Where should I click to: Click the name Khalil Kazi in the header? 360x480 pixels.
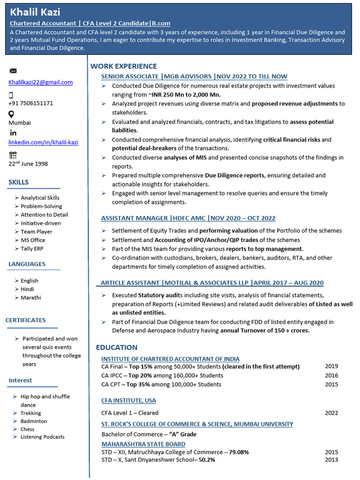pyautogui.click(x=35, y=12)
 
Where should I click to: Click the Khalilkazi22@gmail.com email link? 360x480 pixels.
pyautogui.click(x=40, y=82)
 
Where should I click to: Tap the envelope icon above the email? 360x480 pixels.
pyautogui.click(x=13, y=71)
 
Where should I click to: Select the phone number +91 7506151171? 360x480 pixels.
pyautogui.click(x=30, y=103)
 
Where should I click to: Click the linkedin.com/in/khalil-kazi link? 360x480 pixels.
pyautogui.click(x=43, y=142)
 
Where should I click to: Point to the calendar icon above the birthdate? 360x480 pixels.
pyautogui.click(x=13, y=155)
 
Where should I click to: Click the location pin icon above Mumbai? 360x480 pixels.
pyautogui.click(x=11, y=114)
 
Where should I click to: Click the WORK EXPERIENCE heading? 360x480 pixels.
pyautogui.click(x=123, y=66)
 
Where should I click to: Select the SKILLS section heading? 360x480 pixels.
pyautogui.click(x=18, y=182)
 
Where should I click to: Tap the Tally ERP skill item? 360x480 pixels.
pyautogui.click(x=32, y=248)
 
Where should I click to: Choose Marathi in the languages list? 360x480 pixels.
pyautogui.click(x=30, y=298)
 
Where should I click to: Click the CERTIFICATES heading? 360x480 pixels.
pyautogui.click(x=25, y=320)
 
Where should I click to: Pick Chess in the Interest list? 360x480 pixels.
pyautogui.click(x=27, y=429)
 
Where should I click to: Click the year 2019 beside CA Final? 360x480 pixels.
pyautogui.click(x=331, y=367)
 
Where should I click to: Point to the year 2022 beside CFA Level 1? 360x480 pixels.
pyautogui.click(x=331, y=413)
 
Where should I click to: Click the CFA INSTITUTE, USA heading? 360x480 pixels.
pyautogui.click(x=128, y=401)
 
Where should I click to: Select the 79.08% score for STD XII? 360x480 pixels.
pyautogui.click(x=239, y=452)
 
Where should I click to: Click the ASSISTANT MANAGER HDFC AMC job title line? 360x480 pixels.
pyautogui.click(x=188, y=218)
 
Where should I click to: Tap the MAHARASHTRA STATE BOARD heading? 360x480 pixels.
pyautogui.click(x=143, y=444)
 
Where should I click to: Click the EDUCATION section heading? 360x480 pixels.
pyautogui.click(x=116, y=347)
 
